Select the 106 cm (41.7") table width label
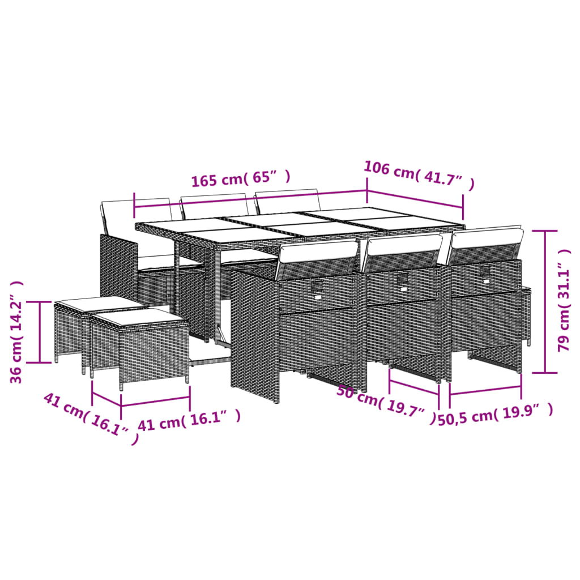pos(419,175)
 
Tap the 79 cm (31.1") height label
pos(565,307)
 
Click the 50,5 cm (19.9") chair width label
pos(495,416)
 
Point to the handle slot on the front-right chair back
pos(485,272)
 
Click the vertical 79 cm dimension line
pos(545,301)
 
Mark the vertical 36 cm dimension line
pos(40,332)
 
